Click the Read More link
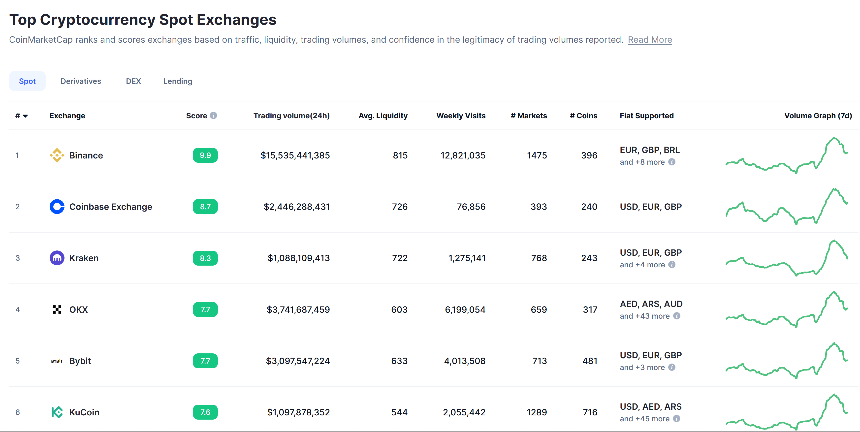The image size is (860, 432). tap(649, 40)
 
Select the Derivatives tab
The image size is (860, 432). tap(81, 81)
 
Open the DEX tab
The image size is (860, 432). tap(133, 81)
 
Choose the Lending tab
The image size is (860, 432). tap(178, 81)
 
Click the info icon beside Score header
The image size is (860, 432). tap(214, 116)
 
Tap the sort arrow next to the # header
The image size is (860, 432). tap(25, 116)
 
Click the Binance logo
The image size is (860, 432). tap(57, 155)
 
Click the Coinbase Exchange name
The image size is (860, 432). tap(110, 207)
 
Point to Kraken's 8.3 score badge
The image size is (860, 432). tap(205, 258)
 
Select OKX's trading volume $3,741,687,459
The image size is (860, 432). tap(298, 309)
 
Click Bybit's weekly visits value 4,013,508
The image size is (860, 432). tap(464, 361)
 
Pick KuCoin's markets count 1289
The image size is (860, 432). tap(537, 412)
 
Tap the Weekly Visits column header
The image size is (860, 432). tap(461, 116)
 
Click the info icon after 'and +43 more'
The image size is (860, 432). tap(676, 316)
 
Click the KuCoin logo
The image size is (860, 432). tap(57, 412)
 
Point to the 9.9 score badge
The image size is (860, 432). tap(205, 155)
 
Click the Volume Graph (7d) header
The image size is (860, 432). tap(818, 116)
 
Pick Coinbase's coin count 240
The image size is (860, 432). tap(589, 207)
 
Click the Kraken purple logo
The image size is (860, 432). tap(57, 258)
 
